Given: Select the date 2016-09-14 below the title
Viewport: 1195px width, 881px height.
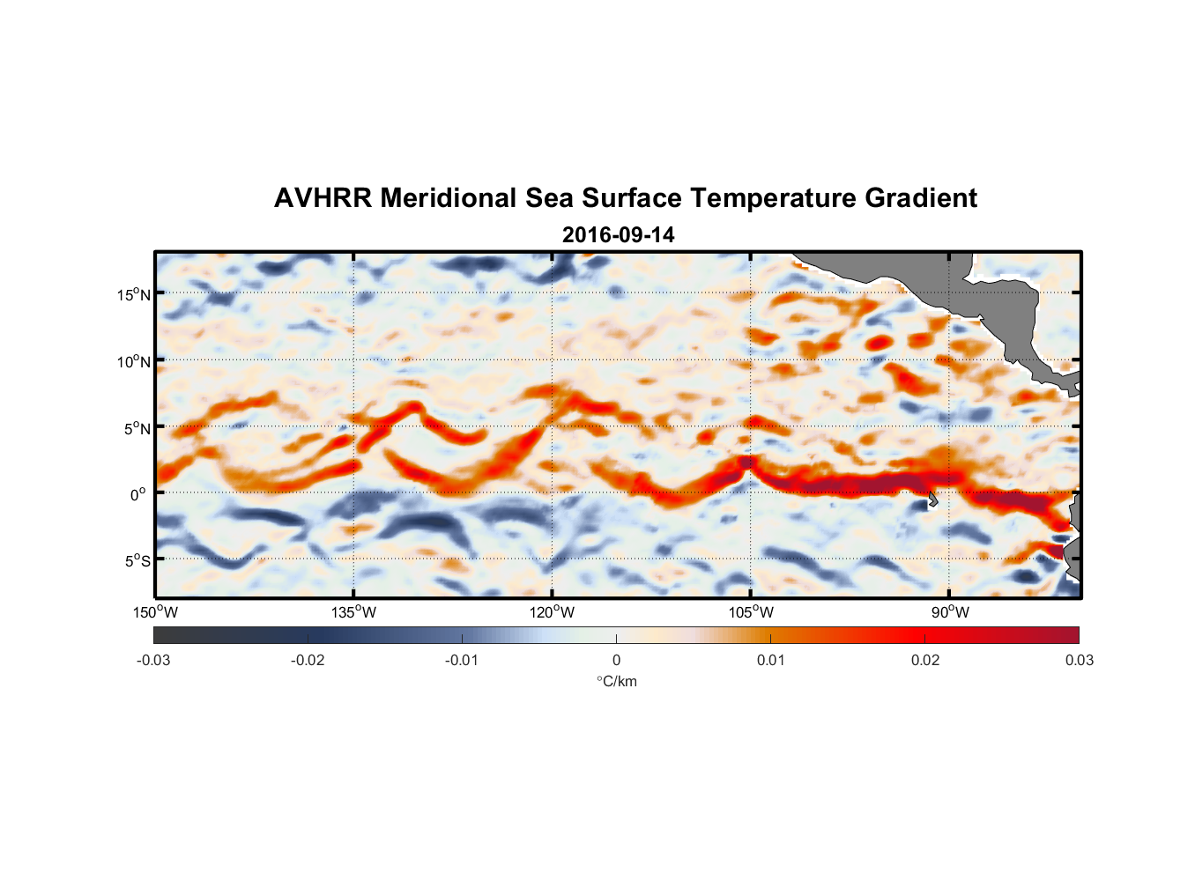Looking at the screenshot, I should [x=619, y=235].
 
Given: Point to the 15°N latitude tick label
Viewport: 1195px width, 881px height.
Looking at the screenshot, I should [x=134, y=294].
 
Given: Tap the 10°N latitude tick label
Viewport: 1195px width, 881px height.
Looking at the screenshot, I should [x=134, y=361].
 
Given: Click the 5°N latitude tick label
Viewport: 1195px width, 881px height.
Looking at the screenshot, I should [x=137, y=428].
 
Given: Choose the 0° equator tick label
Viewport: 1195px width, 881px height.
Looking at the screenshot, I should [x=138, y=494].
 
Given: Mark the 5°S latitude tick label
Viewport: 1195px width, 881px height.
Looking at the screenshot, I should [x=137, y=560].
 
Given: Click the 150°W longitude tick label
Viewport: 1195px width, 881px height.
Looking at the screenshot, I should [x=156, y=612].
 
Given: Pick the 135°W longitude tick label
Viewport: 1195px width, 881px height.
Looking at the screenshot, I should [x=354, y=612].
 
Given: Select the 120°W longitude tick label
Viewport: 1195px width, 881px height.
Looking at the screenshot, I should [x=553, y=612].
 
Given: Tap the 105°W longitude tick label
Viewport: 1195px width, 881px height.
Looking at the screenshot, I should [x=751, y=612].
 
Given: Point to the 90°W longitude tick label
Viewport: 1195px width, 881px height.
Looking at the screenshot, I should [x=950, y=612].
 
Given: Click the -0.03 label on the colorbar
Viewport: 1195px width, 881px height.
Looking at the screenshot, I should [x=153, y=660].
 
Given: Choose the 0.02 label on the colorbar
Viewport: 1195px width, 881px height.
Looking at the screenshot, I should [x=925, y=660].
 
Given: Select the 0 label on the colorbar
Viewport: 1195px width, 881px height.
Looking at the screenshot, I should [x=616, y=660].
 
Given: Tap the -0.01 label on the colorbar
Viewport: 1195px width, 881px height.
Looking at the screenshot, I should [x=462, y=660].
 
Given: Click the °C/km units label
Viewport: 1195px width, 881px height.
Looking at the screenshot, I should [x=617, y=681].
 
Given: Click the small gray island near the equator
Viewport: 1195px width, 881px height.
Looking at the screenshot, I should [x=932, y=500].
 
